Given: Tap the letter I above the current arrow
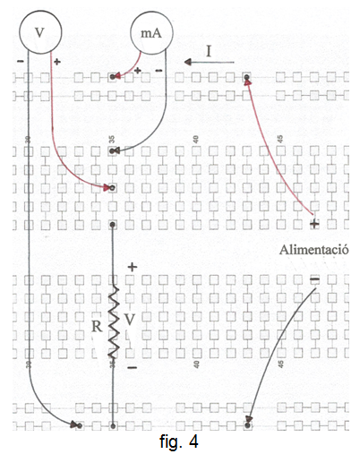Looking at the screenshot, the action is pyautogui.click(x=209, y=51).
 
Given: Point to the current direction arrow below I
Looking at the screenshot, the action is pyautogui.click(x=209, y=62).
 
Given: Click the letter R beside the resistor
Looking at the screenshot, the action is pyautogui.click(x=97, y=326).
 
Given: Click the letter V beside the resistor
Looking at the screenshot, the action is pyautogui.click(x=129, y=320).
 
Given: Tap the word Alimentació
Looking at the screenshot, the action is pyautogui.click(x=313, y=250).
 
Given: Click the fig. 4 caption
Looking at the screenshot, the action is pyautogui.click(x=178, y=441).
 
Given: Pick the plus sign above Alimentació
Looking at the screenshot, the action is pyautogui.click(x=314, y=223).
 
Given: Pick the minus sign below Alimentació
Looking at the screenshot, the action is pyautogui.click(x=314, y=279).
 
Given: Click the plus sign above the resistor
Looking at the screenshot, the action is pyautogui.click(x=133, y=267).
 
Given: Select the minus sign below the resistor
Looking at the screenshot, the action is pyautogui.click(x=132, y=367).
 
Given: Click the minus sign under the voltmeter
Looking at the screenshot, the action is pyautogui.click(x=21, y=62).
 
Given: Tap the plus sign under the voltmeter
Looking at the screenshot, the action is pyautogui.click(x=56, y=62).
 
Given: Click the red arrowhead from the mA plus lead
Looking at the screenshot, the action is pyautogui.click(x=116, y=76).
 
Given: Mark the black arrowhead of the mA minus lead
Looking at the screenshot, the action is pyautogui.click(x=116, y=150).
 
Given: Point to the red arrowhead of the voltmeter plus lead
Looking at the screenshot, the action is pyautogui.click(x=107, y=188).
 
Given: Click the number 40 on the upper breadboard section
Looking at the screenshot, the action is pyautogui.click(x=196, y=140).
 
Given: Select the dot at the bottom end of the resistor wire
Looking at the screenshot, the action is pyautogui.click(x=113, y=425).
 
